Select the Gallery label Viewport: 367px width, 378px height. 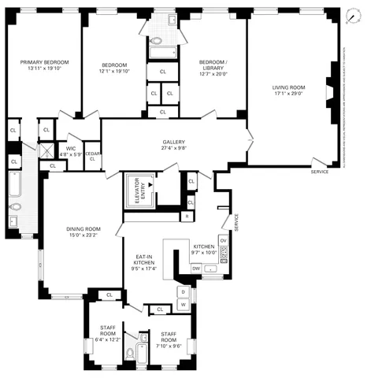click(173, 142)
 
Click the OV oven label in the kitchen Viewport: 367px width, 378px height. click(224, 239)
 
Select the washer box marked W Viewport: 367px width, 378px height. click(183, 303)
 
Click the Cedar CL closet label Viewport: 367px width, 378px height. click(92, 156)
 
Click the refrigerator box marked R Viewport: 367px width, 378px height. click(187, 215)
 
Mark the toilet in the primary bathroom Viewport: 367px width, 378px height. click(16, 208)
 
